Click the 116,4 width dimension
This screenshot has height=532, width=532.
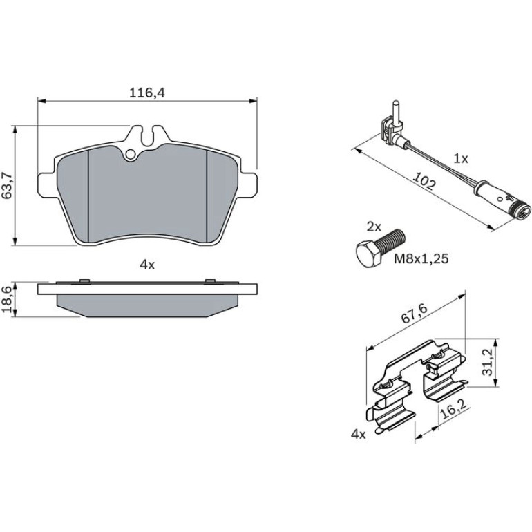(x=147, y=93)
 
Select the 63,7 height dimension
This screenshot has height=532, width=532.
(x=8, y=185)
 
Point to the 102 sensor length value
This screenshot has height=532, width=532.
(x=424, y=182)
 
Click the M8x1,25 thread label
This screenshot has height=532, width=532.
(x=421, y=259)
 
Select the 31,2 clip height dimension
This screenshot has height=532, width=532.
(x=488, y=362)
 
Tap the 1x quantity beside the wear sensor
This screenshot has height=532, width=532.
(x=461, y=158)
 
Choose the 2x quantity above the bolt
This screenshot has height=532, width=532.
(x=374, y=227)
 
